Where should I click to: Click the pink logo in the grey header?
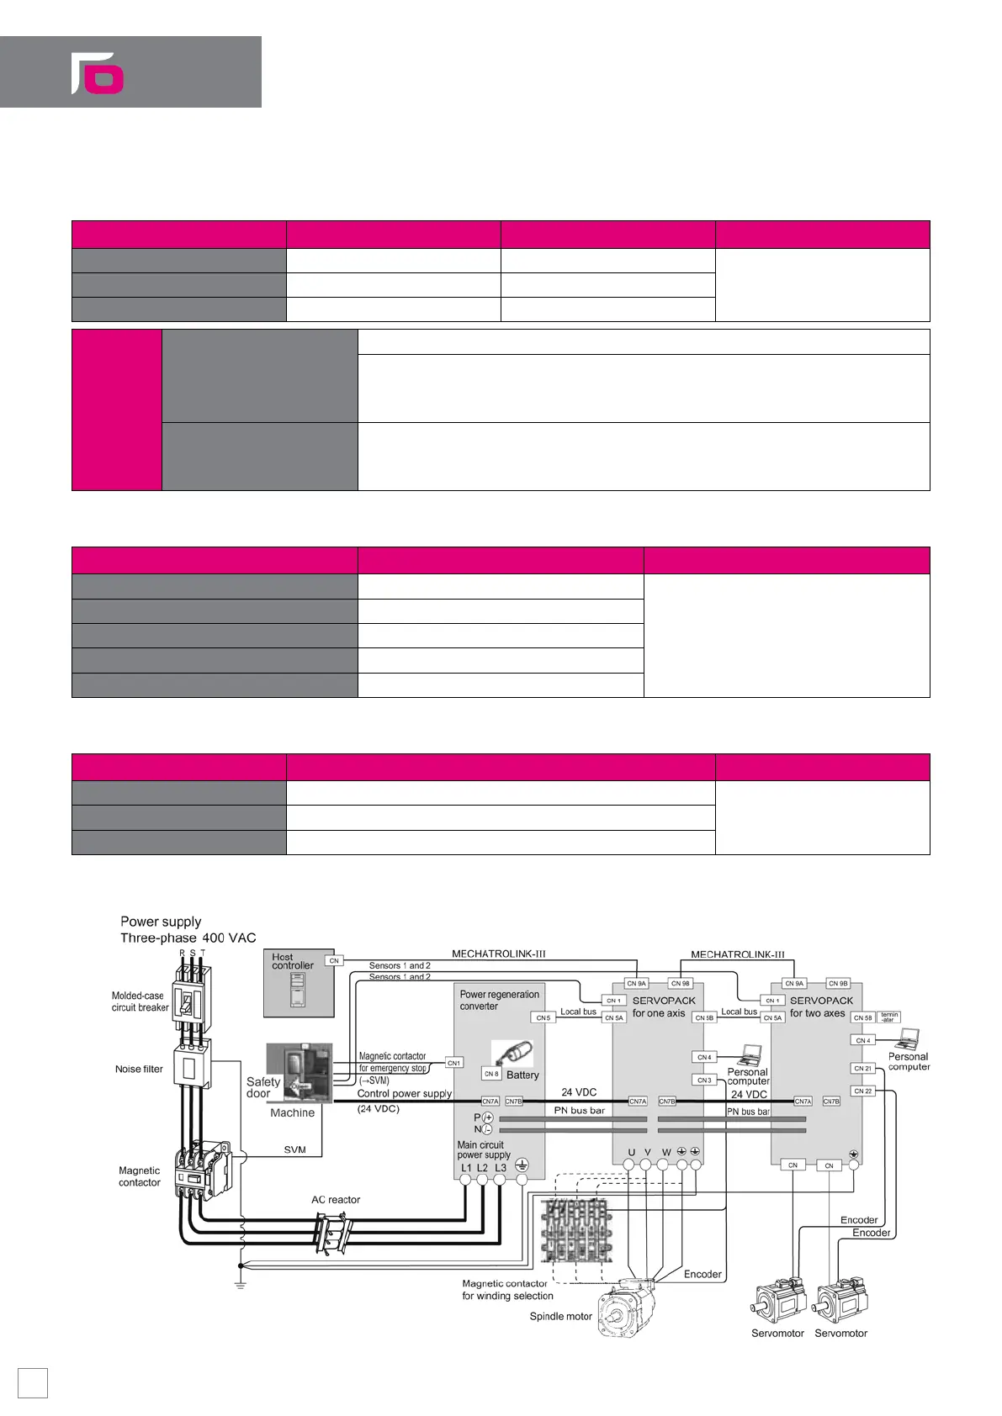coord(98,73)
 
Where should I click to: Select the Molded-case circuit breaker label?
coord(140,1001)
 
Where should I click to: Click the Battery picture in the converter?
coord(512,1054)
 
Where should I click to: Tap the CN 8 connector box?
coord(491,1074)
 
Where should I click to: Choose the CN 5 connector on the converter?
coord(543,1017)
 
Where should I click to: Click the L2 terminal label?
coord(482,1168)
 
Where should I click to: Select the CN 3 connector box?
coord(704,1080)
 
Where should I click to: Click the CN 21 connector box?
coord(863,1069)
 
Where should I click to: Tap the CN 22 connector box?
coord(863,1091)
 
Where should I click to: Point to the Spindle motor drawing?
coord(627,1308)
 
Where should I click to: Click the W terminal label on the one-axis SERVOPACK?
coord(666,1153)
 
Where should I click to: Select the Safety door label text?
coord(262,1087)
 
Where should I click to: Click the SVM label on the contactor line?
coord(294,1149)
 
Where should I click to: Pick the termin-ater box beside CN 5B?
coord(889,1017)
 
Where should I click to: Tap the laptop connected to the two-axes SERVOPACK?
coord(909,1038)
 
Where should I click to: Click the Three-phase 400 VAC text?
coord(188,938)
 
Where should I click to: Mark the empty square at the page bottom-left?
coord(33,1382)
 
